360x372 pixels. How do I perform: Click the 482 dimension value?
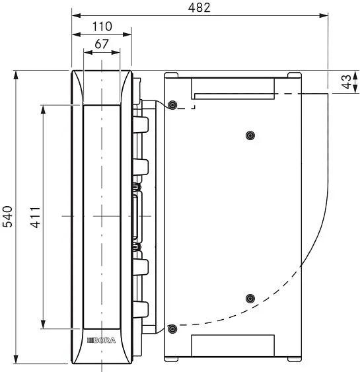(x=199, y=7)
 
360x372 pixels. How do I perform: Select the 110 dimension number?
(x=102, y=26)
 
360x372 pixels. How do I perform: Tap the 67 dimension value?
(x=102, y=44)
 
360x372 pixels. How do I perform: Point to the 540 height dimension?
(x=7, y=217)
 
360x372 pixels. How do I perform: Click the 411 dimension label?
(x=36, y=217)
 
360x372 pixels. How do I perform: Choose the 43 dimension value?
(x=347, y=82)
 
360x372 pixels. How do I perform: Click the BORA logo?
(x=101, y=340)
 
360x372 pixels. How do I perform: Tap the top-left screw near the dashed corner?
(x=172, y=105)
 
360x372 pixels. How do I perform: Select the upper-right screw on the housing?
(x=250, y=135)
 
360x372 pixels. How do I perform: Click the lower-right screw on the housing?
(x=250, y=299)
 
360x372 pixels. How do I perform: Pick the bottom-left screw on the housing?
(x=172, y=329)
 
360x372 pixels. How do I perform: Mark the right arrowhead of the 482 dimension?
(x=324, y=16)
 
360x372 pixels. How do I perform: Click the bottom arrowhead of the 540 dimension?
(x=16, y=359)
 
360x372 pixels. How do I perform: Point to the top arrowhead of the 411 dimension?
(x=43, y=110)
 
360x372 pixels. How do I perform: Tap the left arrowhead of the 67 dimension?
(x=88, y=52)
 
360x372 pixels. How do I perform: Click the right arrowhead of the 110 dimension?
(x=127, y=34)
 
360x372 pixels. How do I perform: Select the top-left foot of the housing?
(x=171, y=75)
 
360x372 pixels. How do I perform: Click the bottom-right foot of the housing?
(x=295, y=359)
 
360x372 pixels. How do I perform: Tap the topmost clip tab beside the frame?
(x=141, y=124)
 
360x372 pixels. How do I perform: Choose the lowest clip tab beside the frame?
(x=141, y=309)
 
